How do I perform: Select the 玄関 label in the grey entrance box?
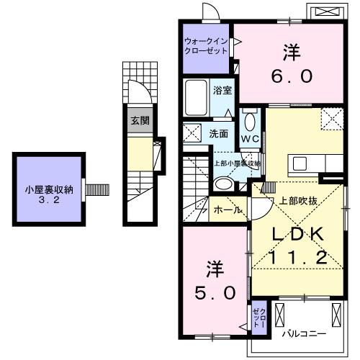(x=140, y=120)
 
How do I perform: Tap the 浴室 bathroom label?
(x=222, y=91)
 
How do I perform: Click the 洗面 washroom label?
(x=219, y=133)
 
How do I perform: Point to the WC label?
(x=250, y=138)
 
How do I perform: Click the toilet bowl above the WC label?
(x=250, y=120)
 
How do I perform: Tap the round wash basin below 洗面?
(x=223, y=184)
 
